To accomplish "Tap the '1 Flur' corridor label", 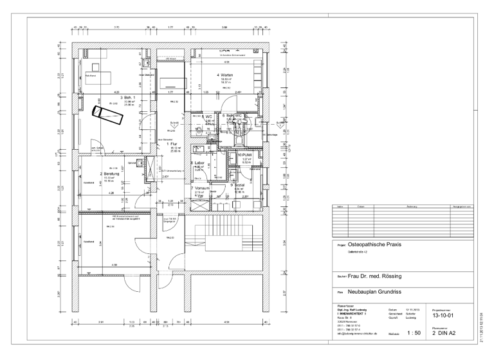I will pos(174,144).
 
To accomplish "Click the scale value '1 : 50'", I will pos(414,333).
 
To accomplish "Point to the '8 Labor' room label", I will pos(199,163).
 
